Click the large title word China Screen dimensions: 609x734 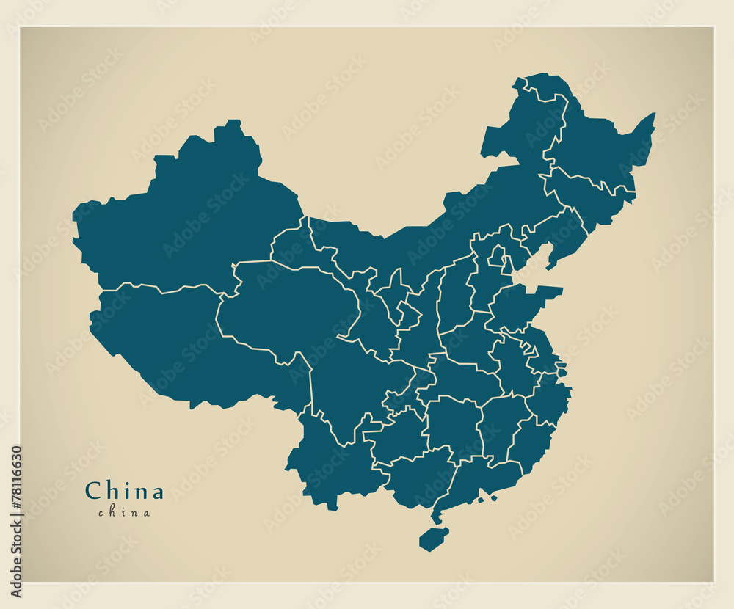pos(124,490)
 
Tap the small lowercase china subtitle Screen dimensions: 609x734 pos(124,513)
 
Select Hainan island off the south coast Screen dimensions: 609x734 pos(433,539)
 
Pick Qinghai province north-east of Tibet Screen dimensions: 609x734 pos(286,308)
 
